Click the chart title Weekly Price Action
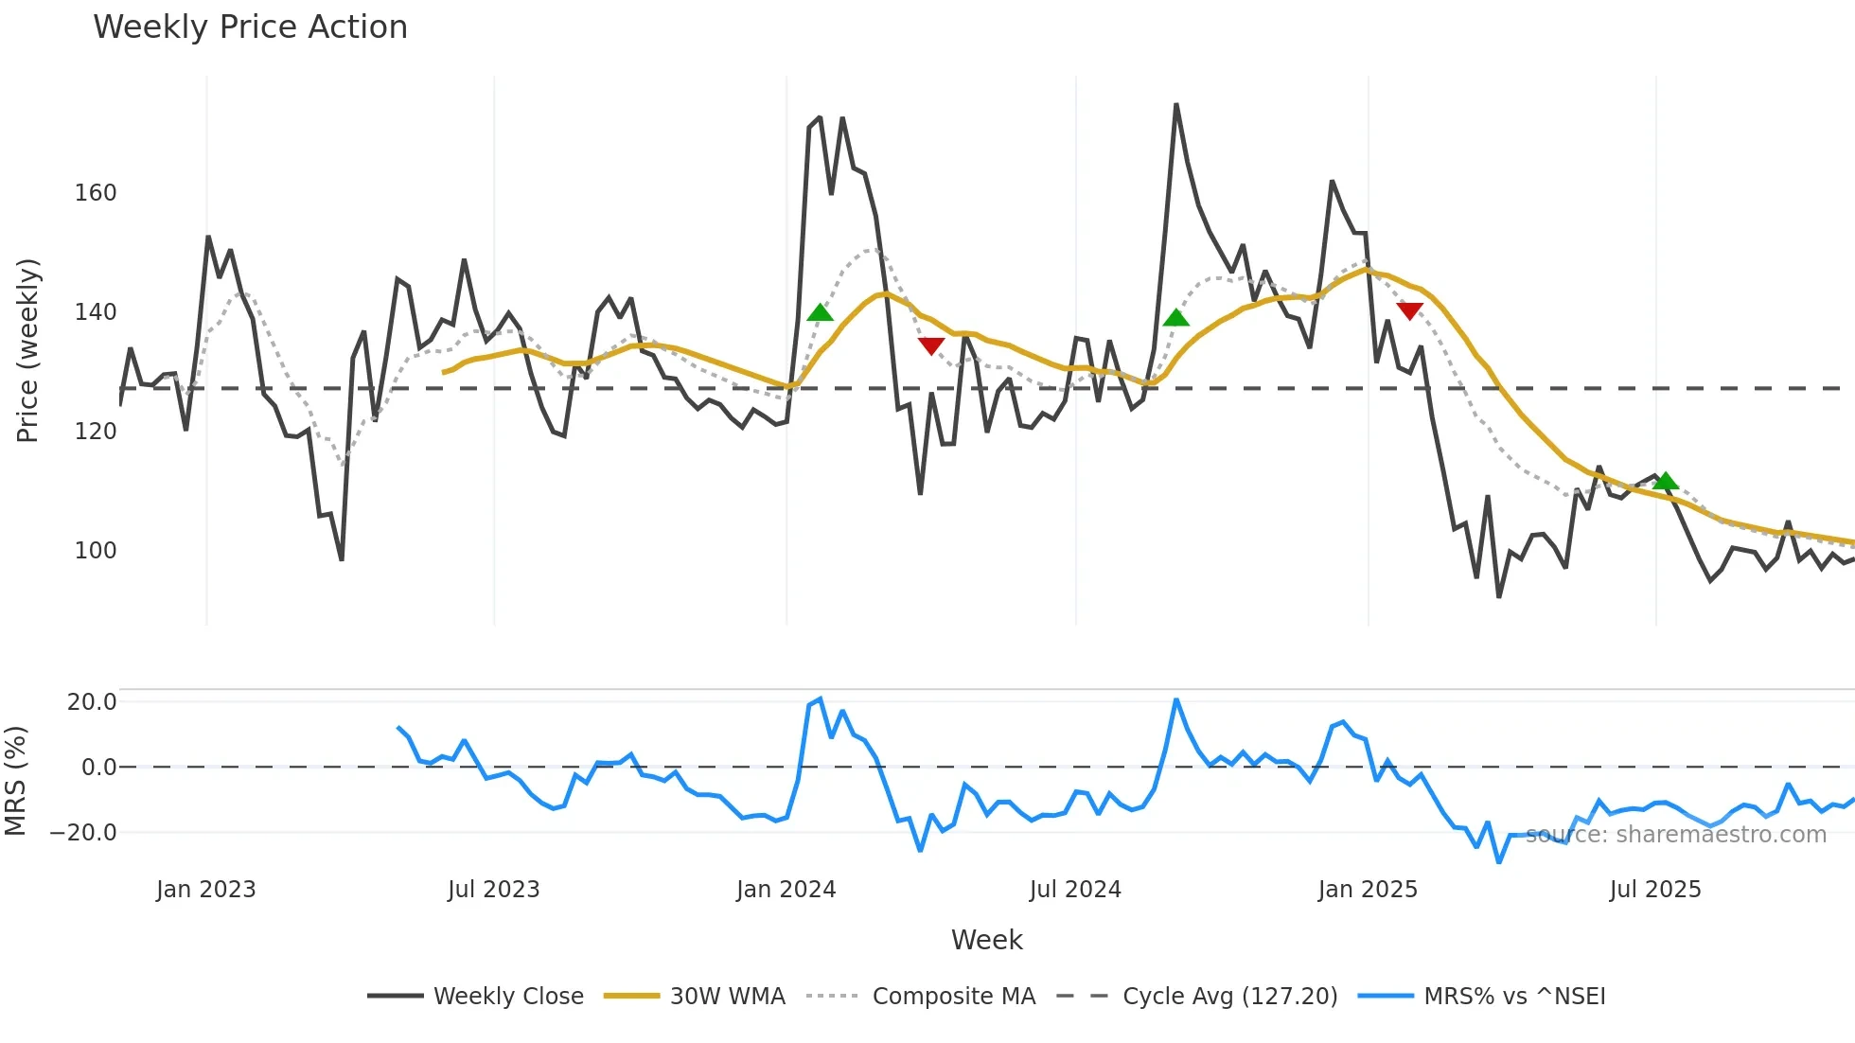tap(250, 27)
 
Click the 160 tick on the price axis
tap(96, 193)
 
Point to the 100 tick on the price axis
tap(96, 551)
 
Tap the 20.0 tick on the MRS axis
tap(92, 702)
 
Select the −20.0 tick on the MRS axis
tap(83, 833)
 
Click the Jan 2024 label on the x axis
tap(786, 890)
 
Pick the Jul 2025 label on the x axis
tap(1655, 890)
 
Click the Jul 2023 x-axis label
tap(493, 890)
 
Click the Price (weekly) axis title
tap(27, 350)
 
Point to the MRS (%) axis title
tap(15, 781)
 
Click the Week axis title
tap(986, 940)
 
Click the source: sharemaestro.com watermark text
tap(1676, 835)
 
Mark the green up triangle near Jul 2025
tap(1666, 482)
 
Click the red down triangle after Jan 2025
tap(1409, 310)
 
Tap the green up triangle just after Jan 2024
tap(821, 313)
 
